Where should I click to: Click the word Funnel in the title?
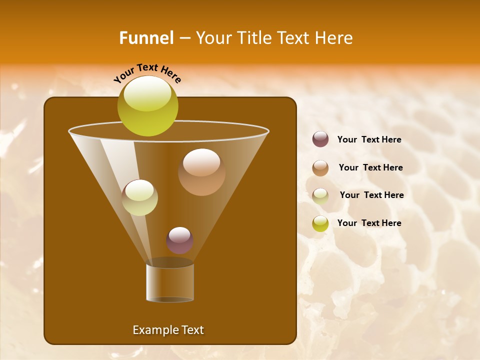tap(146, 38)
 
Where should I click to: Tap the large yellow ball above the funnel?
tap(148, 105)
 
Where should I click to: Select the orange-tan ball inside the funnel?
tap(201, 172)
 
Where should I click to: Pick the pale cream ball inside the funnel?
tap(139, 197)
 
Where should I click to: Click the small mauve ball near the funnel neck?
tap(179, 240)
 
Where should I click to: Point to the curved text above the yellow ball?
tap(147, 72)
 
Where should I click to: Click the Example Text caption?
tap(168, 330)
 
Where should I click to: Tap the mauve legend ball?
tap(320, 139)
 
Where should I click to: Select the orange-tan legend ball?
tap(320, 168)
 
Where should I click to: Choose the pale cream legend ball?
tap(320, 196)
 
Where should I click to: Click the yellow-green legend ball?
tap(320, 223)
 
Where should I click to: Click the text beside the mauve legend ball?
tap(369, 139)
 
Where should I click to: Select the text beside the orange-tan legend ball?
tap(370, 167)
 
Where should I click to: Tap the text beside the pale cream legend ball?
tap(371, 195)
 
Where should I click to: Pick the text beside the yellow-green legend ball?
tap(369, 223)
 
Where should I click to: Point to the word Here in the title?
tap(332, 38)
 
